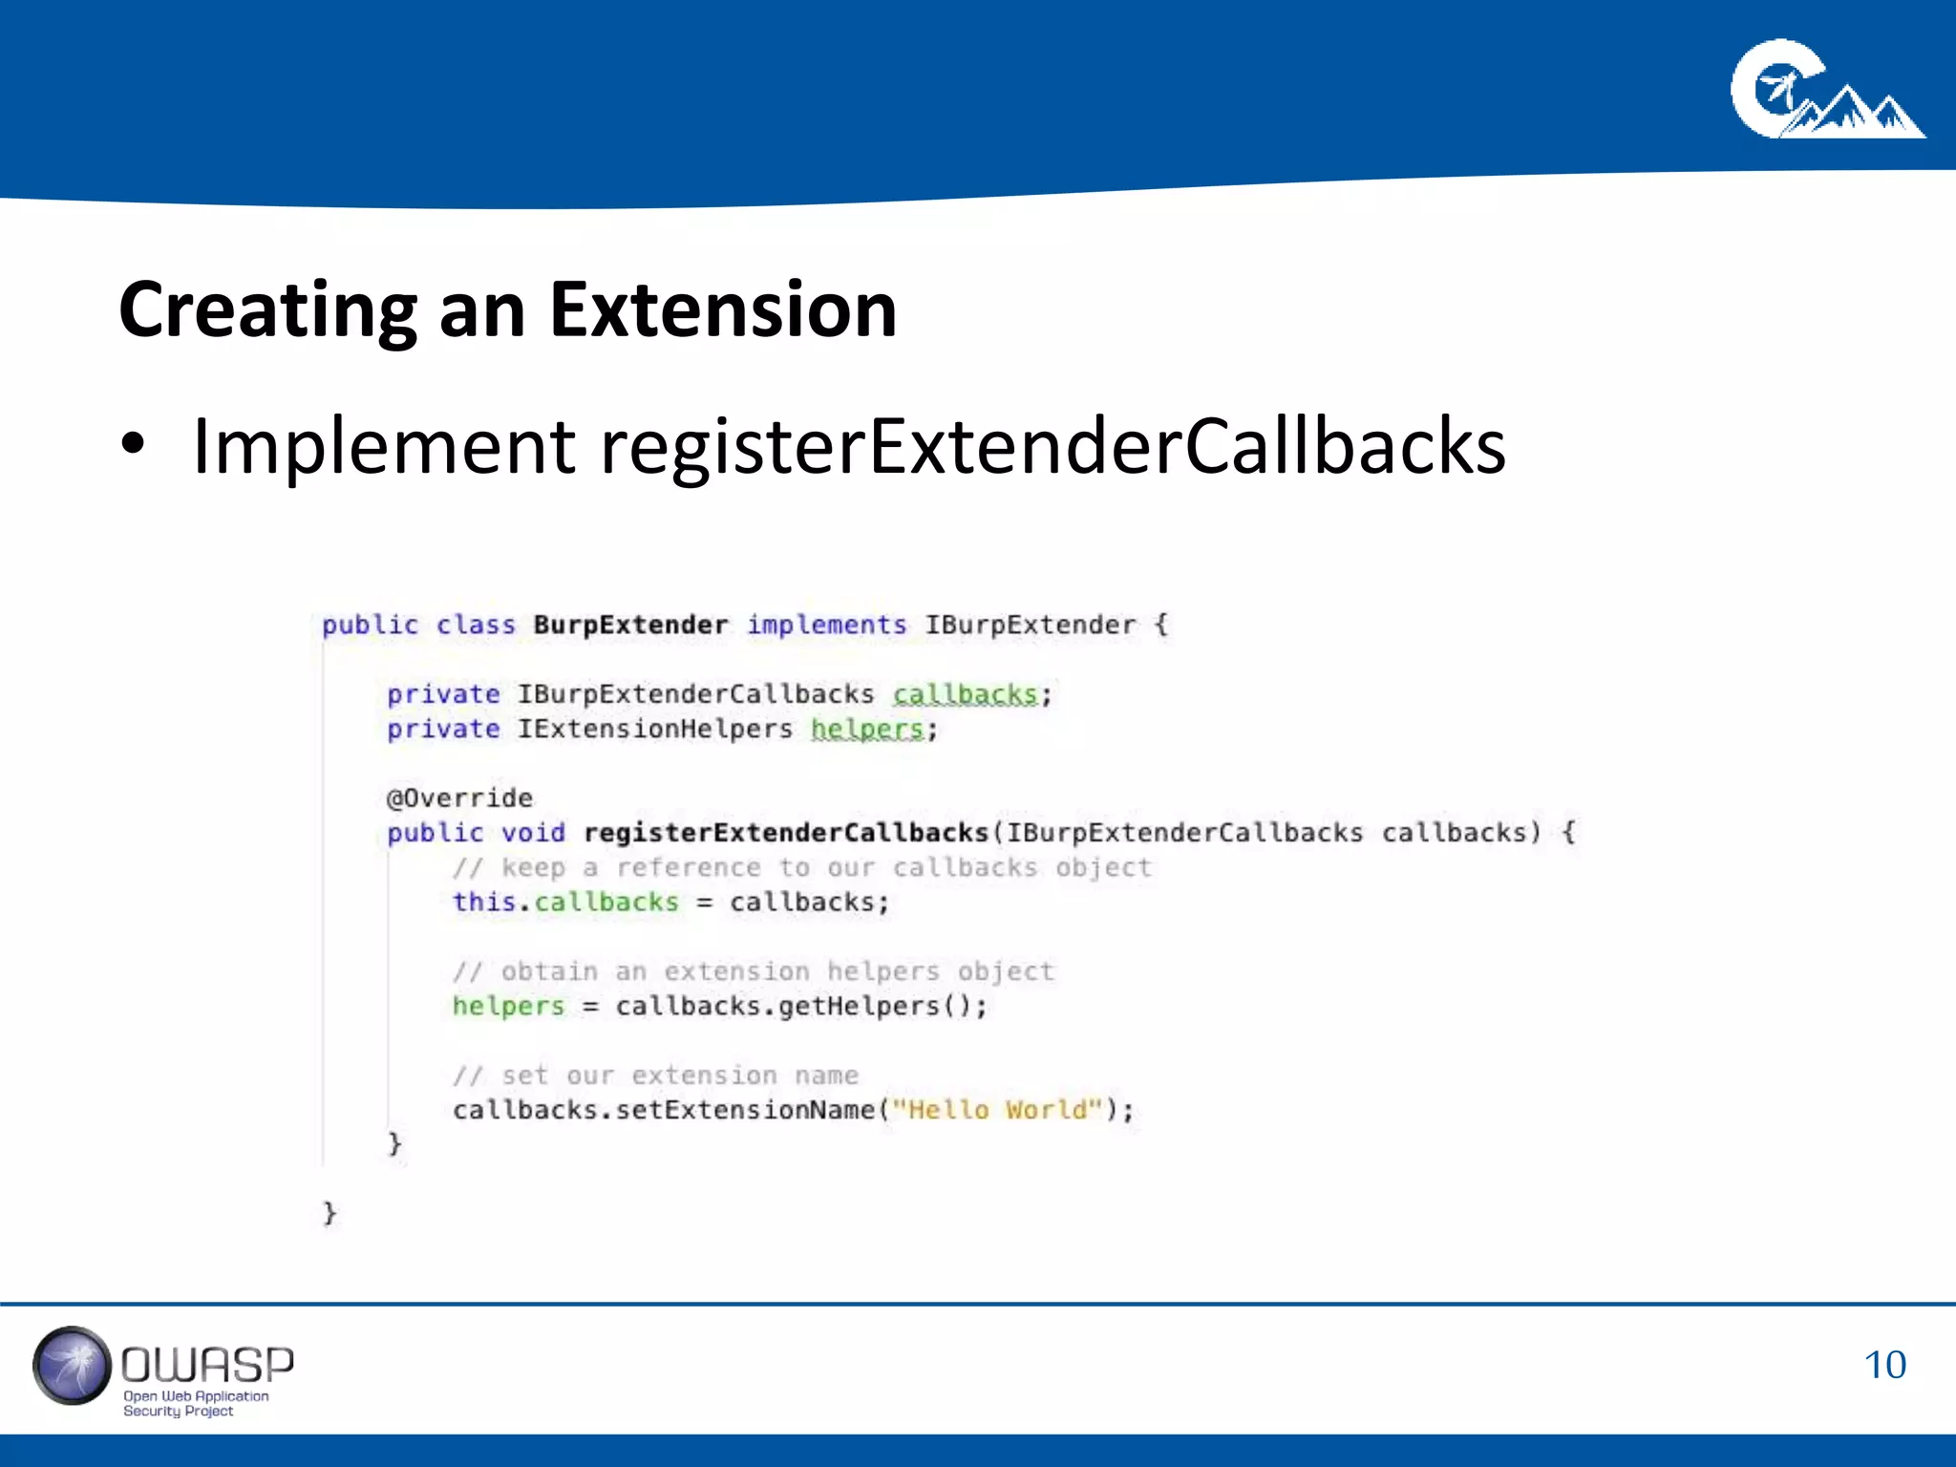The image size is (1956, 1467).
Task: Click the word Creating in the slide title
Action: point(268,310)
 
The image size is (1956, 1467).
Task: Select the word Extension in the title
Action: point(723,310)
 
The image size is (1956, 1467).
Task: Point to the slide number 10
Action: point(1884,1365)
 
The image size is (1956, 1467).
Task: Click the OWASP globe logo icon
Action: point(73,1365)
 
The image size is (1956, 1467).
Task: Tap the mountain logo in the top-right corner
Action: point(1826,91)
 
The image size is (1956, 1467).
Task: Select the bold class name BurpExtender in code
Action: point(630,626)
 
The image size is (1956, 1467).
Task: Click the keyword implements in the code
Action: point(826,626)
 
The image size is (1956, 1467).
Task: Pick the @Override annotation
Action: point(459,798)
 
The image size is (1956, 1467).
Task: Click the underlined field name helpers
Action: point(867,730)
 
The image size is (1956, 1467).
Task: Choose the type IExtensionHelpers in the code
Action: point(655,730)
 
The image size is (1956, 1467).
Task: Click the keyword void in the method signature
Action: point(533,833)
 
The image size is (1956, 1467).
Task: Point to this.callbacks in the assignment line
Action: point(565,903)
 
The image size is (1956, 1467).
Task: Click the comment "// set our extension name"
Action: point(656,1075)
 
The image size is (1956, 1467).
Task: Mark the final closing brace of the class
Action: point(330,1213)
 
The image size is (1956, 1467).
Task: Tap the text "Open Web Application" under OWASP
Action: point(196,1396)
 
